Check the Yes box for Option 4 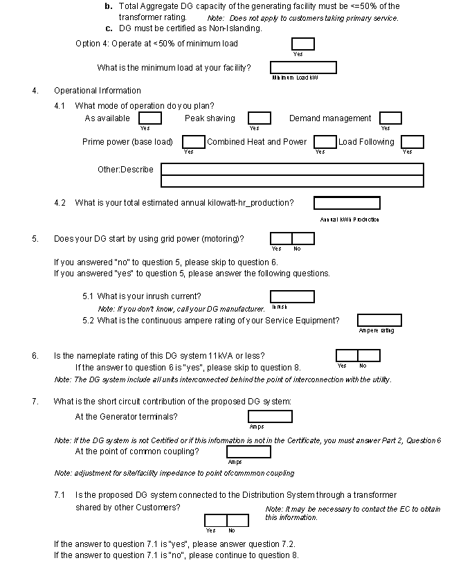coord(302,44)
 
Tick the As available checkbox coord(150,118)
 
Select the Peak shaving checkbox coord(260,118)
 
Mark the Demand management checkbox coord(390,118)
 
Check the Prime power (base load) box coord(193,142)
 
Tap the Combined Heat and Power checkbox coord(325,142)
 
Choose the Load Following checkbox coord(412,142)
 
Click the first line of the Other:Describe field coord(292,169)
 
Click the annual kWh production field coord(347,203)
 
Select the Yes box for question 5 coord(281,239)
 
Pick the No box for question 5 coord(303,239)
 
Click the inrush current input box coord(292,296)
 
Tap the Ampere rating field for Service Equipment coord(379,320)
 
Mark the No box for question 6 coord(369,355)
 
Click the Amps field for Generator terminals coord(270,416)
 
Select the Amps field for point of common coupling coord(248,451)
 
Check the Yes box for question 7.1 coord(215,520)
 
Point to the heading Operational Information coord(98,91)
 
